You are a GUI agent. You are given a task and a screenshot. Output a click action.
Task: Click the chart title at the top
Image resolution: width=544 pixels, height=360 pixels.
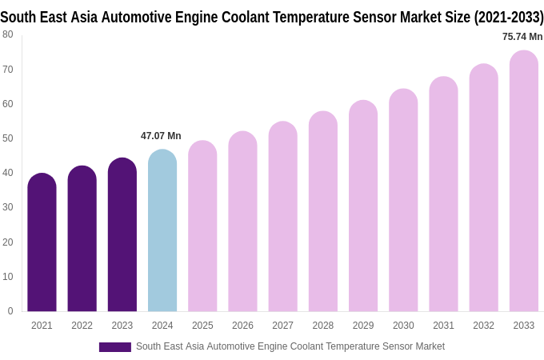(x=272, y=17)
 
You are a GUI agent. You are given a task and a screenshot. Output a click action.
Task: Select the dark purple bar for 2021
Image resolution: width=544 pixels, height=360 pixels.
(x=42, y=244)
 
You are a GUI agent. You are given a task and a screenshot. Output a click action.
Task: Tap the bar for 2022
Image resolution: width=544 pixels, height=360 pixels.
(x=82, y=240)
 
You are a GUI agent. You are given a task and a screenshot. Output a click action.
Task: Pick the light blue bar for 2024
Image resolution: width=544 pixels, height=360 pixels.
(x=162, y=232)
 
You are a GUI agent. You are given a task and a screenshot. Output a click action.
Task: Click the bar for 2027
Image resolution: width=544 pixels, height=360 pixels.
(x=282, y=218)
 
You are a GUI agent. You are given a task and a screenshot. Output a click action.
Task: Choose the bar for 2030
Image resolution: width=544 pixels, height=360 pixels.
(x=403, y=202)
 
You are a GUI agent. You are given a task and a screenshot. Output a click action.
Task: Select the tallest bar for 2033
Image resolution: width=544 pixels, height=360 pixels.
(x=524, y=182)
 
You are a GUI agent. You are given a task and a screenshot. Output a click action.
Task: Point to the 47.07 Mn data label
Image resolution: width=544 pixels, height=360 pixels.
(x=161, y=136)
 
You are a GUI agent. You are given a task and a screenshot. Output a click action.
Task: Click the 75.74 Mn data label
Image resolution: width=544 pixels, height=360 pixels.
(x=522, y=37)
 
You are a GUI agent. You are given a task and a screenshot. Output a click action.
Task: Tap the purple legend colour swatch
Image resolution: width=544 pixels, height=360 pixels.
(x=114, y=347)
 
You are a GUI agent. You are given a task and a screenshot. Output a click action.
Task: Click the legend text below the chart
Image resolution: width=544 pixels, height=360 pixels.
(x=290, y=346)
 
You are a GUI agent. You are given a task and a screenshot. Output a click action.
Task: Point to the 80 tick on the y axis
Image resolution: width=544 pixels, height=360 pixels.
(x=8, y=34)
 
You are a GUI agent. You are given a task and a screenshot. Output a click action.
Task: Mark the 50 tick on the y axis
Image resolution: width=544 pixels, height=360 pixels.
(x=8, y=138)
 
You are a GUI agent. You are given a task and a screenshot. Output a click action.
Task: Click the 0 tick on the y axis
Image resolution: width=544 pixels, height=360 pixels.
(x=10, y=311)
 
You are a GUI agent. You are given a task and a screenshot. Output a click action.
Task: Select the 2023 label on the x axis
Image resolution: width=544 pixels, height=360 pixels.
(x=122, y=326)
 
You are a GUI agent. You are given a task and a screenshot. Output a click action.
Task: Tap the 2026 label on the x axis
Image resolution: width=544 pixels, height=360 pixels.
(x=242, y=326)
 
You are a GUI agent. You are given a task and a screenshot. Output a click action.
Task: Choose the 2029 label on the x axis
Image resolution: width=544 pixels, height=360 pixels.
(x=363, y=326)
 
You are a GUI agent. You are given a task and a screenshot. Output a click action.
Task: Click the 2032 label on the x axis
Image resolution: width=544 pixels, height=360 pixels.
(x=483, y=326)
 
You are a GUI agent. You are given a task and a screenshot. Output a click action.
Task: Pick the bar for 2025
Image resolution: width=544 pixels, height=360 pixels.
(x=202, y=227)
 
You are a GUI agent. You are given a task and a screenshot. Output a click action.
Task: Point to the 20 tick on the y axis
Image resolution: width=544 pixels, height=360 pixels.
(x=8, y=242)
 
